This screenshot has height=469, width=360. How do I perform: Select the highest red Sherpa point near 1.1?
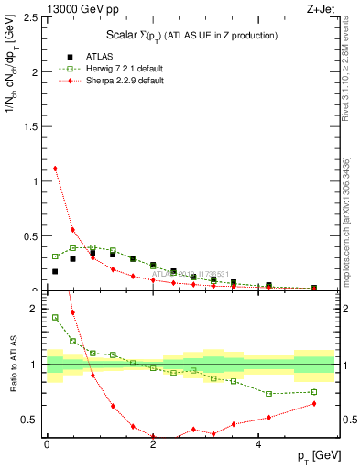coord(55,169)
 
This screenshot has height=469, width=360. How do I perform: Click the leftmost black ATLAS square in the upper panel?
coord(55,271)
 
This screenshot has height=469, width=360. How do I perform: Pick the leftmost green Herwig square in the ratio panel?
coord(55,318)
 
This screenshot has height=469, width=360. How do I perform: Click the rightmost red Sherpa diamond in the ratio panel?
coord(314,403)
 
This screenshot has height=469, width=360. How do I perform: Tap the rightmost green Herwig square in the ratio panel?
coord(314,392)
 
